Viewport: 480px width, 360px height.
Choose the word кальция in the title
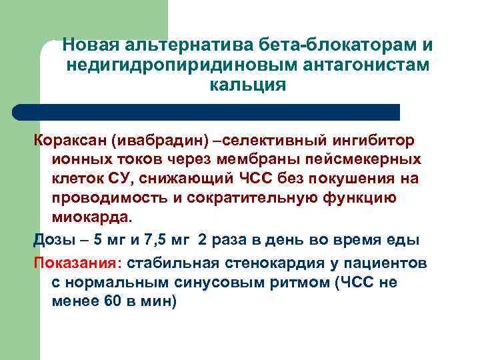pos(247,85)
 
